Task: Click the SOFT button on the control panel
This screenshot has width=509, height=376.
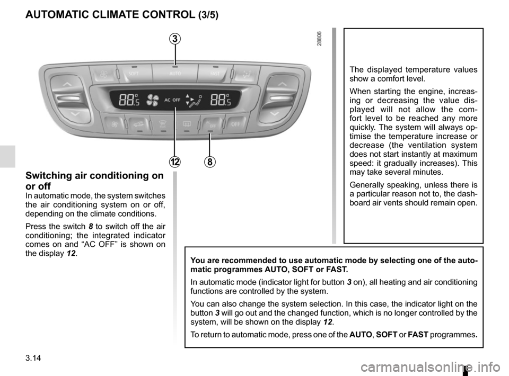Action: pyautogui.click(x=133, y=74)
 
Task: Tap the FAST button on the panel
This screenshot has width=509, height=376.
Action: pyautogui.click(x=214, y=74)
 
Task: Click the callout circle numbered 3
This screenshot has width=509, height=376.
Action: pyautogui.click(x=175, y=39)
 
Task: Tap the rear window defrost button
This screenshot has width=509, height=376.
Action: pyautogui.click(x=187, y=125)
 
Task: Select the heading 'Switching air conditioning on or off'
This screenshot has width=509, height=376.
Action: pyautogui.click(x=95, y=181)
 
